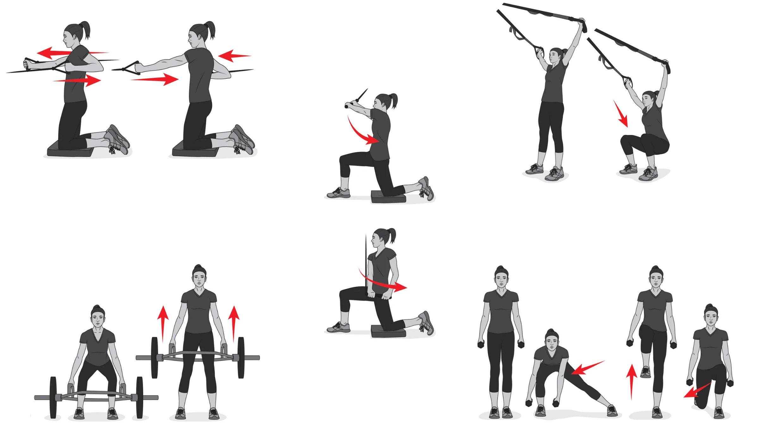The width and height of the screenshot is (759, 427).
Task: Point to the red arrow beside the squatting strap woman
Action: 620,114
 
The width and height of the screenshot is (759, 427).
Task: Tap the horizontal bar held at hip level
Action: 378,296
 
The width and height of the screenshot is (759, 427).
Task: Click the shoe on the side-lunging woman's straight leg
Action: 612,410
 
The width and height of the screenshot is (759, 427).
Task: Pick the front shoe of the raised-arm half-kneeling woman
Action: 338,193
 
